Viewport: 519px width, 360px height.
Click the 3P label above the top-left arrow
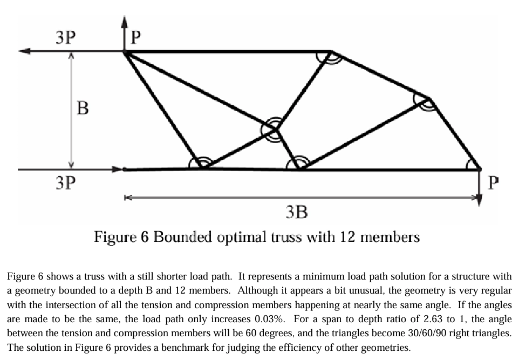point(65,37)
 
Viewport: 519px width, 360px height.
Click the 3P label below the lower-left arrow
point(65,183)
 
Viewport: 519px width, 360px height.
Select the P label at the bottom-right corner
point(493,184)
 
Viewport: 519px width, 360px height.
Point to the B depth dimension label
point(83,108)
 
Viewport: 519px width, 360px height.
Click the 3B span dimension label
point(296,212)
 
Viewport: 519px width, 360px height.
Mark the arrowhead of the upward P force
point(124,22)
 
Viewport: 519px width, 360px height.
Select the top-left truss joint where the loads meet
point(125,52)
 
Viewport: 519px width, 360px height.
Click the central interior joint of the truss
point(276,130)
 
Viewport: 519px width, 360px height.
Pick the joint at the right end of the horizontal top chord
point(330,52)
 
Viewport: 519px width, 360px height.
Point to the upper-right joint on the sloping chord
point(428,99)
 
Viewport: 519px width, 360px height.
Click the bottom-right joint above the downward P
point(479,169)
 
